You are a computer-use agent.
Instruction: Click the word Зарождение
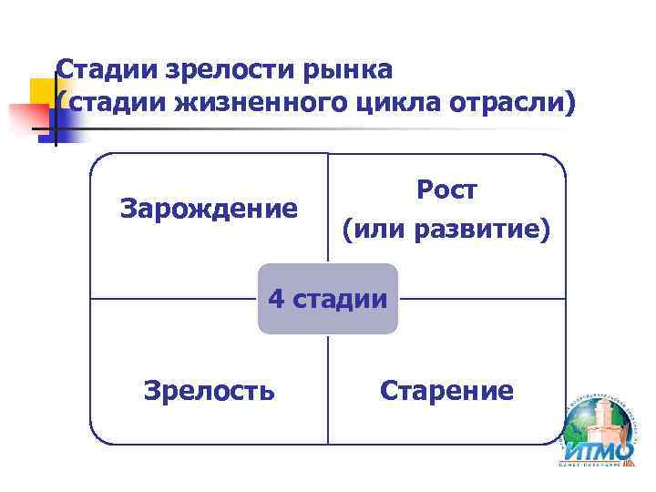(209, 210)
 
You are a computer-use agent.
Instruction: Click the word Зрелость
(209, 391)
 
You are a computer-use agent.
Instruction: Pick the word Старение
(446, 391)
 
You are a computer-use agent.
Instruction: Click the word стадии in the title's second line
(108, 103)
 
